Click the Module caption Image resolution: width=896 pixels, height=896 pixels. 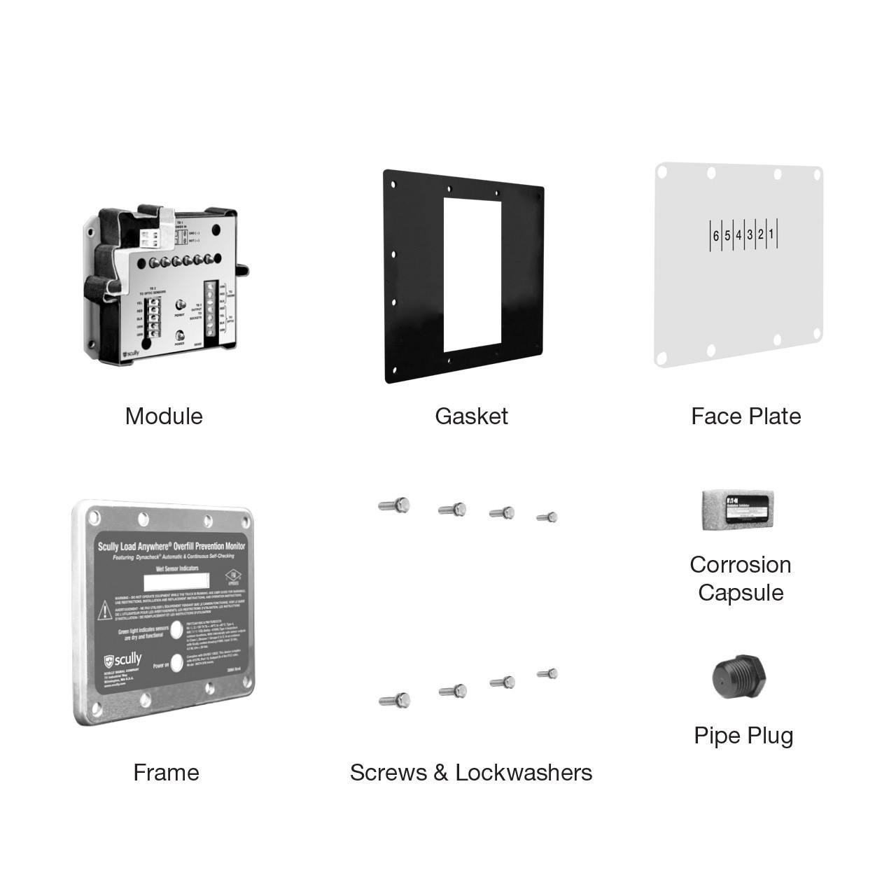[164, 416]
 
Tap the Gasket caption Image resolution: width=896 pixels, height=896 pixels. [471, 416]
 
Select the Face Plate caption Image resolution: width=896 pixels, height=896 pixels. [745, 416]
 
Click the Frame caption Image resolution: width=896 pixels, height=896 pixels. [166, 772]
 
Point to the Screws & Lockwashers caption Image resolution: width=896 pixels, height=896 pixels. [471, 772]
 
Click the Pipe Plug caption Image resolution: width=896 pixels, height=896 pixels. [743, 735]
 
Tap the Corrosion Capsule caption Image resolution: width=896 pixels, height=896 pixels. [741, 578]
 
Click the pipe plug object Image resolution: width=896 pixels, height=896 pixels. [739, 678]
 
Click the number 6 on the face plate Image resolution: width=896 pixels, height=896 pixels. [716, 236]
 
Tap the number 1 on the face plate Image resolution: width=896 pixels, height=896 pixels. [771, 234]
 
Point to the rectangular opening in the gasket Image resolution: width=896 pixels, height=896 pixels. [473, 274]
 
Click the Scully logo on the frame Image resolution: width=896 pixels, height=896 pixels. [122, 660]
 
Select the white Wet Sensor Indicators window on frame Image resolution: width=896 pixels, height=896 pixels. [176, 581]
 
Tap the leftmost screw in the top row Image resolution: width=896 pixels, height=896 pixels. [395, 505]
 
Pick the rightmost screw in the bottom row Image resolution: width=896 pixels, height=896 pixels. [547, 673]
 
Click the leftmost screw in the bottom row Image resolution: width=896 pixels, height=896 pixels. [395, 699]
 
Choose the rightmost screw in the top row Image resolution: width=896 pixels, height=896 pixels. [547, 517]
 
